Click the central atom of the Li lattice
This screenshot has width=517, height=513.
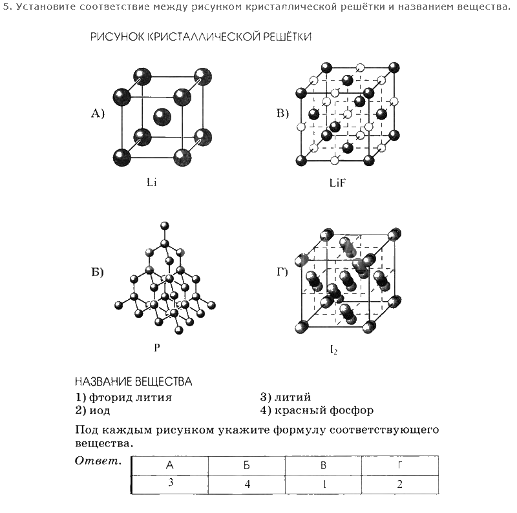[x=161, y=117]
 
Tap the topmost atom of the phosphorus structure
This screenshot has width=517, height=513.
[x=165, y=225]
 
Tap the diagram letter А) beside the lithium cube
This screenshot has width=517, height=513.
[x=98, y=114]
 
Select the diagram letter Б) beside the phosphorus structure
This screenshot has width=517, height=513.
[x=98, y=271]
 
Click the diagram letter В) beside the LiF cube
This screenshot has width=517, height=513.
[x=282, y=114]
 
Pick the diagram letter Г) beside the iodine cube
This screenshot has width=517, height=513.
[x=282, y=271]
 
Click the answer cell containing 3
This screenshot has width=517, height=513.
[x=170, y=483]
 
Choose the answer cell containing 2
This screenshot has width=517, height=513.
[x=400, y=485]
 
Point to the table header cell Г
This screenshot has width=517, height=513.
[x=400, y=465]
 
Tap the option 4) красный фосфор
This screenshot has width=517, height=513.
[x=317, y=410]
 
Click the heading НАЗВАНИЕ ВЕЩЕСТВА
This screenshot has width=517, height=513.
[x=133, y=382]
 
